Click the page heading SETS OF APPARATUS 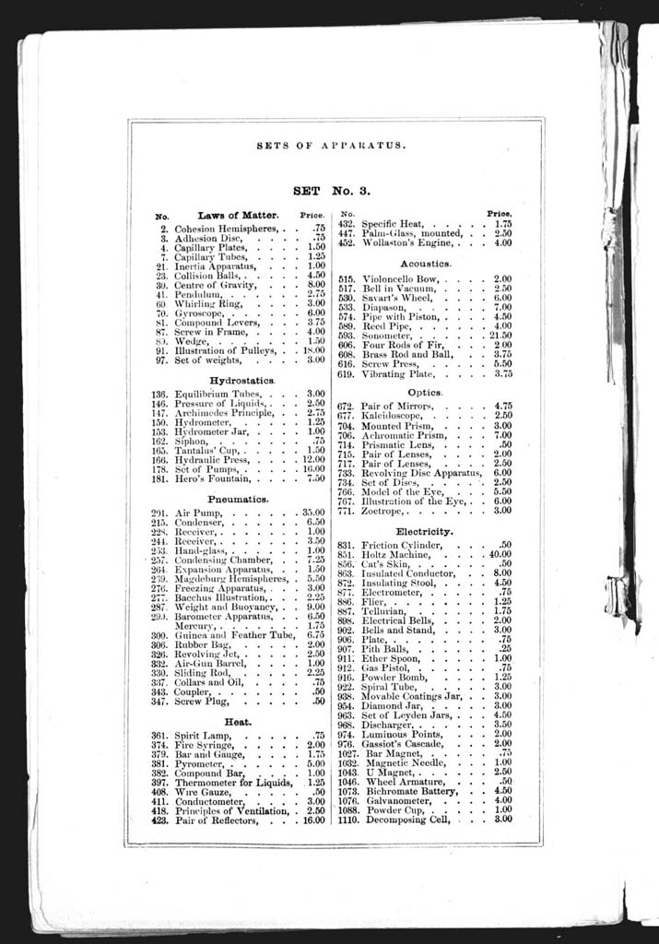pyautogui.click(x=331, y=146)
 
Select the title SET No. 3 pyautogui.click(x=331, y=192)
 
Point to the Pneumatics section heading pyautogui.click(x=238, y=498)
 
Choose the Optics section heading pyautogui.click(x=425, y=392)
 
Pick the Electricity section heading pyautogui.click(x=424, y=532)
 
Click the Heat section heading pyautogui.click(x=238, y=721)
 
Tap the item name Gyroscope pyautogui.click(x=201, y=313)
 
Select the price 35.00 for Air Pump pyautogui.click(x=313, y=512)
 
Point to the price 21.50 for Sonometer pyautogui.click(x=501, y=336)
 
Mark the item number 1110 pyautogui.click(x=347, y=819)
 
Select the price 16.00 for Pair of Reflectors pyautogui.click(x=313, y=819)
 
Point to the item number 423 pyautogui.click(x=160, y=819)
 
